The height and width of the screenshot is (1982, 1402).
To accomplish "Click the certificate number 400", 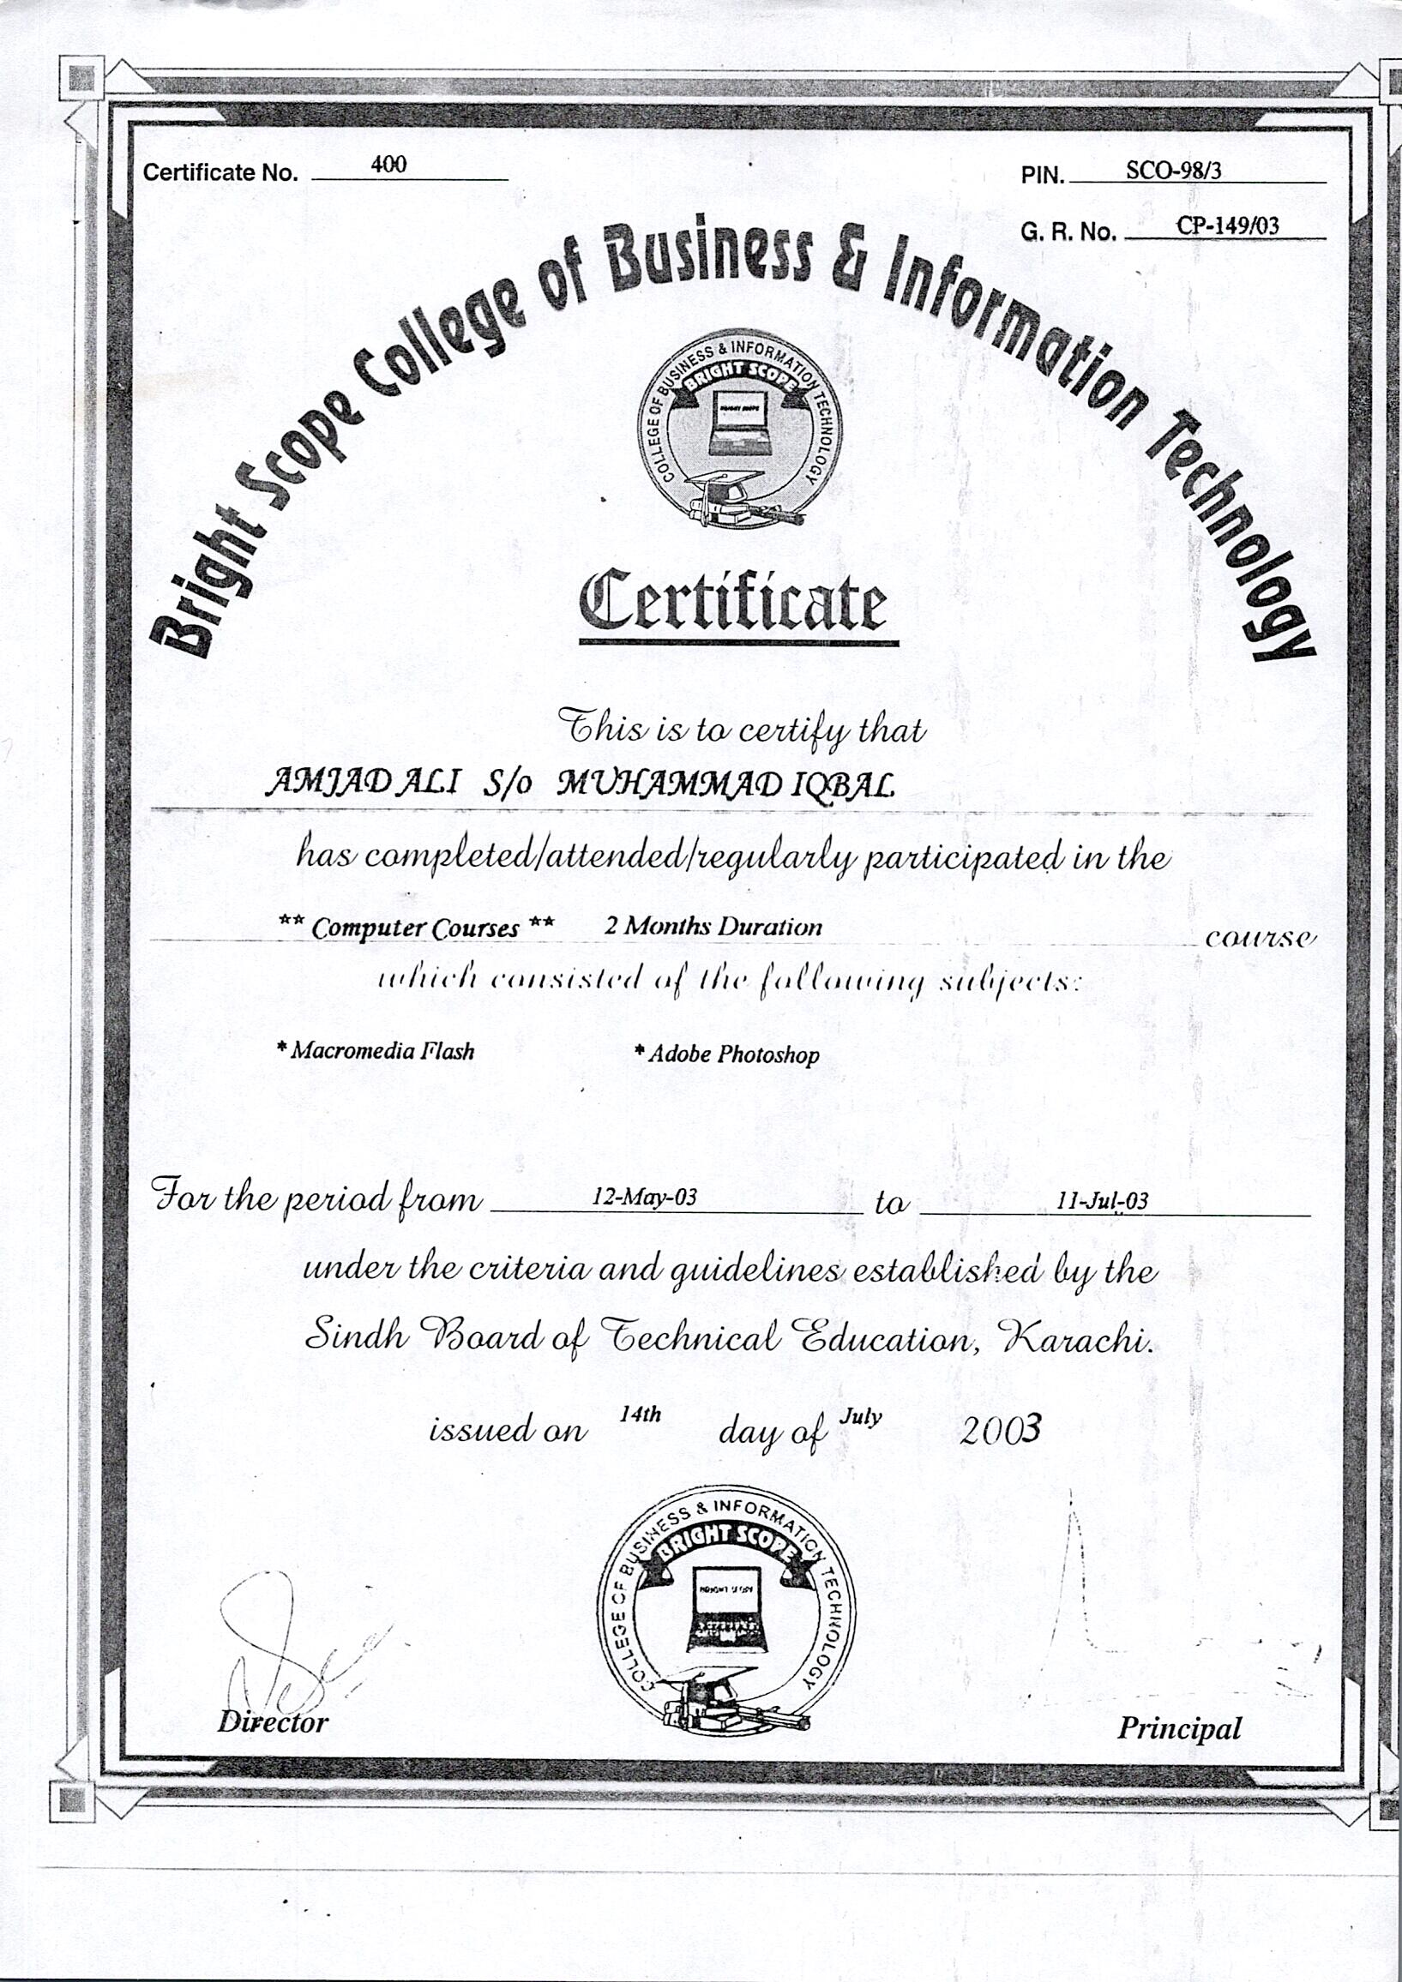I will (x=388, y=165).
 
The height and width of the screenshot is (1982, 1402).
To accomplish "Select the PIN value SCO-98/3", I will (x=1173, y=170).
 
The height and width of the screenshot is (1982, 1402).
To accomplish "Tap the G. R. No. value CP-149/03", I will (x=1227, y=226).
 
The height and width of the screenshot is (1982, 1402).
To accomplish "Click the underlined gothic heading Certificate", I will (x=733, y=601).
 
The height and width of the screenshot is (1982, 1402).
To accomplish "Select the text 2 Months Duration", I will (x=713, y=927).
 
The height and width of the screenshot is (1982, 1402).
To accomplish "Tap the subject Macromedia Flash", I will (x=376, y=1050).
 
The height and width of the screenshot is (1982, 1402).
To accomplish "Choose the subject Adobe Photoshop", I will (x=727, y=1054).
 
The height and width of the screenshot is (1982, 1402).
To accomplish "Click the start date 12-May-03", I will (x=644, y=1197).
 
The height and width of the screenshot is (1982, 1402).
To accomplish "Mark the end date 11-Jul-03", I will (x=1103, y=1201).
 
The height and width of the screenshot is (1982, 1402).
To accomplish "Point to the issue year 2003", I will (x=1001, y=1431).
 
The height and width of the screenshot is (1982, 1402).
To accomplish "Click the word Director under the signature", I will (x=273, y=1722).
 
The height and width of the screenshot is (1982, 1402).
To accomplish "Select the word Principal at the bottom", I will (x=1179, y=1728).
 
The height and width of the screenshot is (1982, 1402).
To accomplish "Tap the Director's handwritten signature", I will (x=276, y=1640).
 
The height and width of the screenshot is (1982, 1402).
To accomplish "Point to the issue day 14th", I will (x=641, y=1414).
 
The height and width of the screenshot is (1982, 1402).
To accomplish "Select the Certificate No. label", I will (x=220, y=172).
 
